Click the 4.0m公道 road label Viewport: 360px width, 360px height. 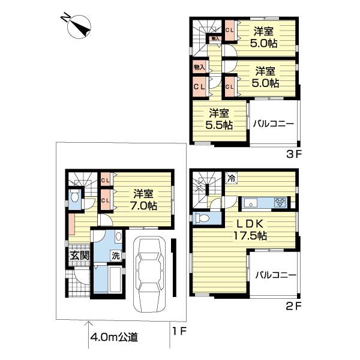click(114, 337)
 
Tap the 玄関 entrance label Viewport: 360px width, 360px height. click(78, 255)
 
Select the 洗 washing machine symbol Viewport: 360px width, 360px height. click(115, 254)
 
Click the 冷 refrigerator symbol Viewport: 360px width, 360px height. click(230, 178)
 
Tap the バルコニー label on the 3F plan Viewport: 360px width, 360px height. click(273, 124)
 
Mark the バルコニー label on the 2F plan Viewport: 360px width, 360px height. click(275, 275)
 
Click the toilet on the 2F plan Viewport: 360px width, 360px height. click(203, 218)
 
